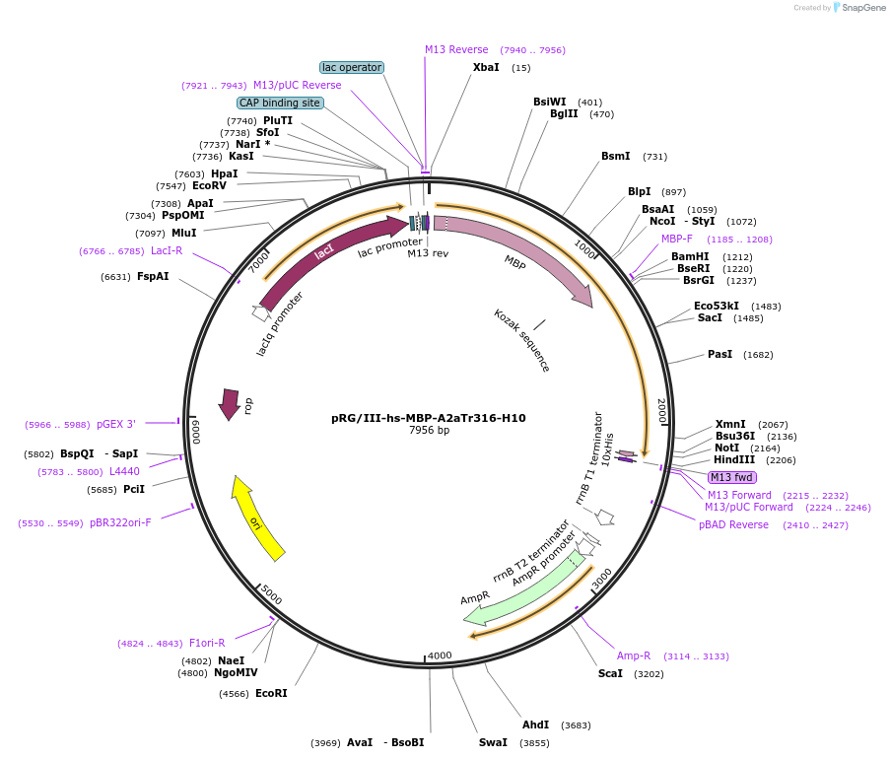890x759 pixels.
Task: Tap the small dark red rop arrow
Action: coord(230,403)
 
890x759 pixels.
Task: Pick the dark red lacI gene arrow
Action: coord(325,254)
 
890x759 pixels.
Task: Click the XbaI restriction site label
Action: coord(486,67)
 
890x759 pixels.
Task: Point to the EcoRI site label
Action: coord(271,693)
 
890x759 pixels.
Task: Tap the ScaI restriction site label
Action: coord(610,673)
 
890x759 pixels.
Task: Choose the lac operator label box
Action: coord(352,67)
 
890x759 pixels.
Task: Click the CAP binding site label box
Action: coord(280,103)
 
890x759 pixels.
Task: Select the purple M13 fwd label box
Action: coord(731,478)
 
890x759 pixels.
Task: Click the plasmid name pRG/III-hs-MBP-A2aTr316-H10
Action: coord(429,418)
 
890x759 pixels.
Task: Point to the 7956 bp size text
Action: coord(429,431)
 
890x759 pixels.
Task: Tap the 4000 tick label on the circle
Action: coord(439,655)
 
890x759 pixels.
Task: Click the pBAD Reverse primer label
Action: coord(733,524)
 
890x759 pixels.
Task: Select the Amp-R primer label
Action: coord(634,655)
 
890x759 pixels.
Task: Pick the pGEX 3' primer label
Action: coord(116,424)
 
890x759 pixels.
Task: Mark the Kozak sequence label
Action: coord(522,340)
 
